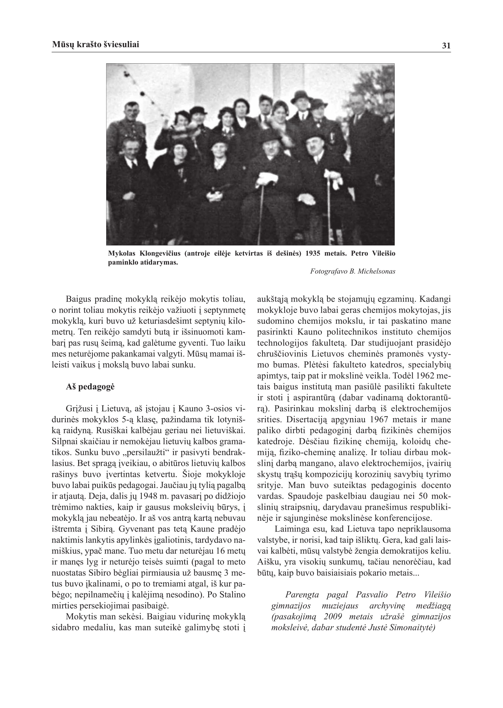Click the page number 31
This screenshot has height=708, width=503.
pos(446,46)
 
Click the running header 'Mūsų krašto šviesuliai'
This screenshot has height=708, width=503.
pos(96,44)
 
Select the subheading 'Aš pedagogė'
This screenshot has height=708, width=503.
pos(90,387)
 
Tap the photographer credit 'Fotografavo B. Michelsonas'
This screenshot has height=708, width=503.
pos(352,271)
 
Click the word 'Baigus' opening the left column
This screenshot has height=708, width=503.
pos(76,299)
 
